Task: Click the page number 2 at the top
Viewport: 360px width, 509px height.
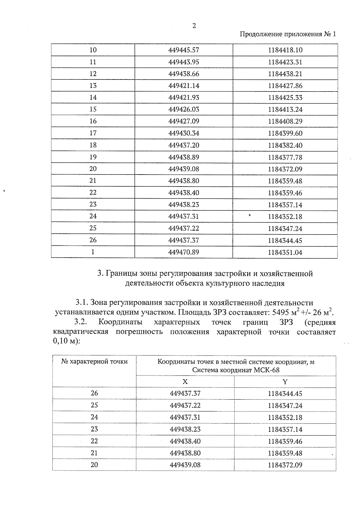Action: [x=194, y=26]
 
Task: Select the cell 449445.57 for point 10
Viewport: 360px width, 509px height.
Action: [x=184, y=50]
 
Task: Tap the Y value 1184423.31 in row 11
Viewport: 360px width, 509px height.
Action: [x=285, y=62]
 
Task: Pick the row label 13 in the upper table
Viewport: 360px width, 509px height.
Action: [x=93, y=85]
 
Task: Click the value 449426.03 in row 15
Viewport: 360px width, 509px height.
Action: [x=184, y=109]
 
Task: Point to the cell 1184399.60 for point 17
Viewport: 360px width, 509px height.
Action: [x=285, y=133]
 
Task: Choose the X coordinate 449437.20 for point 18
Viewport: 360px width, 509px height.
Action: [x=184, y=145]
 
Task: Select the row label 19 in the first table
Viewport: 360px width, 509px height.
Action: [x=93, y=157]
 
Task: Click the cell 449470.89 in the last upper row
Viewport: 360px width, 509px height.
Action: [x=184, y=252]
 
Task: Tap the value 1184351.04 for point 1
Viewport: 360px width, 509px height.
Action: [x=285, y=252]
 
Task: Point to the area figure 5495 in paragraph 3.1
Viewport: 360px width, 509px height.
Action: [x=279, y=312]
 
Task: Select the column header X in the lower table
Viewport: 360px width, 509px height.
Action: [x=185, y=382]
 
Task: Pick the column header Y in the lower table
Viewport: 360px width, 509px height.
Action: [x=285, y=382]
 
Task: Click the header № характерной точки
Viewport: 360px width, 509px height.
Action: [x=94, y=362]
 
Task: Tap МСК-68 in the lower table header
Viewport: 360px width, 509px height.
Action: [x=266, y=370]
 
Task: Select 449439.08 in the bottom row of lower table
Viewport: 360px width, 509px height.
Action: [x=185, y=465]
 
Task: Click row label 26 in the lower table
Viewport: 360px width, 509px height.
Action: [x=94, y=393]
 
